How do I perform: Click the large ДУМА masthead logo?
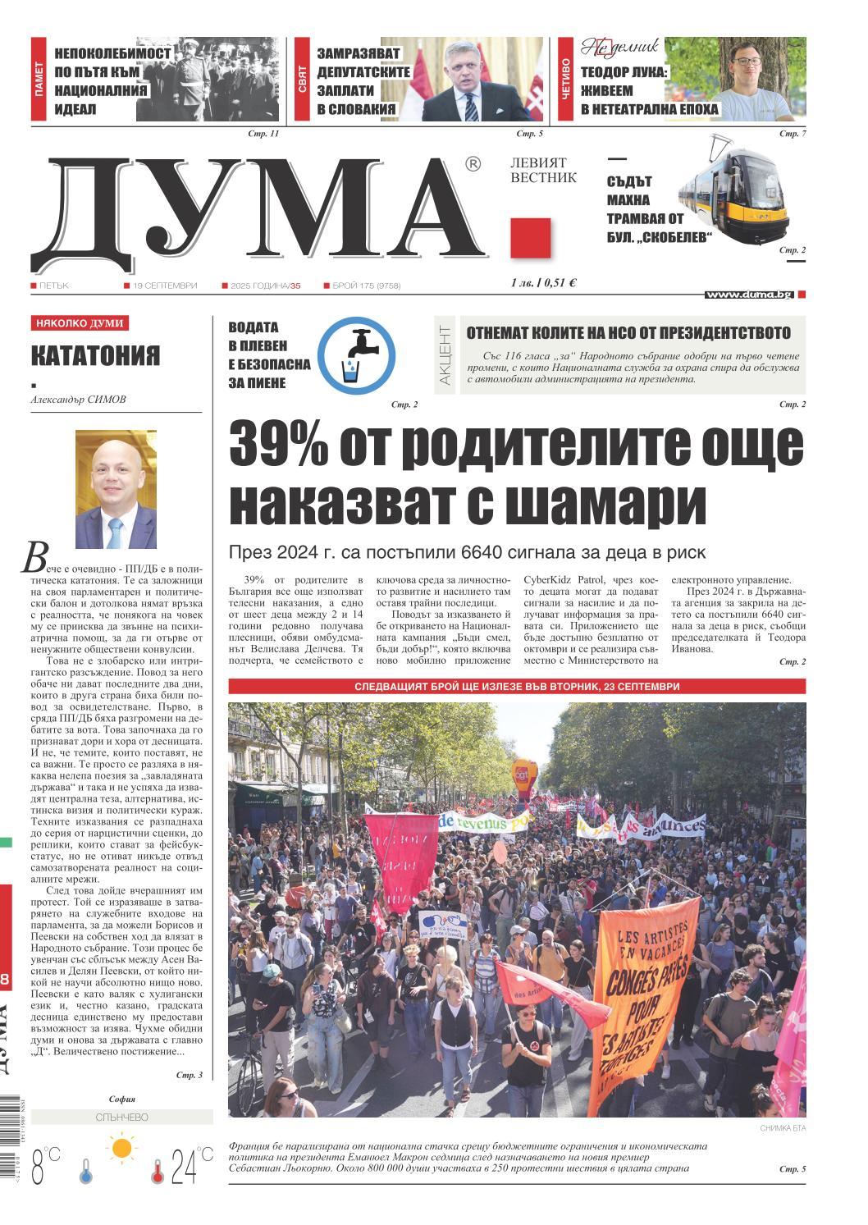263,209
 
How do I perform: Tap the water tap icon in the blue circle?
356,356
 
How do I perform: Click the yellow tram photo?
733,193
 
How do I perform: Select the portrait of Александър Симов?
116,488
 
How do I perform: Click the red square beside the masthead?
530,238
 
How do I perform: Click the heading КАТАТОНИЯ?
95,356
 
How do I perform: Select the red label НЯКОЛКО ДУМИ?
80,324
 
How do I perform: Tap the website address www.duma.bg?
749,295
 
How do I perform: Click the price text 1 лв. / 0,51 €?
543,283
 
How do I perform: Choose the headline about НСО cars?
628,332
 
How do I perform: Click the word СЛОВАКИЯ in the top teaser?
357,108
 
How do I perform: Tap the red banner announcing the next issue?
517,687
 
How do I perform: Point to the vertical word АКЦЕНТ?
444,355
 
